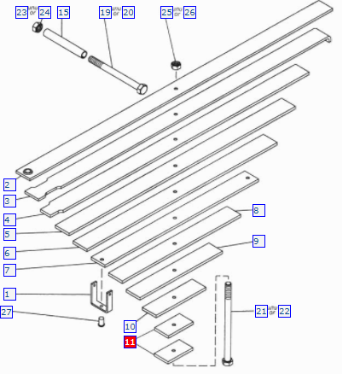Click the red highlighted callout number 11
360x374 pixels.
(x=130, y=342)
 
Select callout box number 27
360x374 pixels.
(x=6, y=312)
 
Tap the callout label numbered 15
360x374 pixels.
(x=63, y=12)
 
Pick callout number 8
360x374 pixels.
(x=258, y=210)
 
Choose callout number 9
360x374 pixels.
(x=258, y=241)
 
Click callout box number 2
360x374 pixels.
(x=9, y=184)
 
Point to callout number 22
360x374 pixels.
(x=284, y=311)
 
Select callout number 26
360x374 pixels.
(x=189, y=12)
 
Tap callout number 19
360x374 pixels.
(x=105, y=12)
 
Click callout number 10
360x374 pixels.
(x=130, y=326)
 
